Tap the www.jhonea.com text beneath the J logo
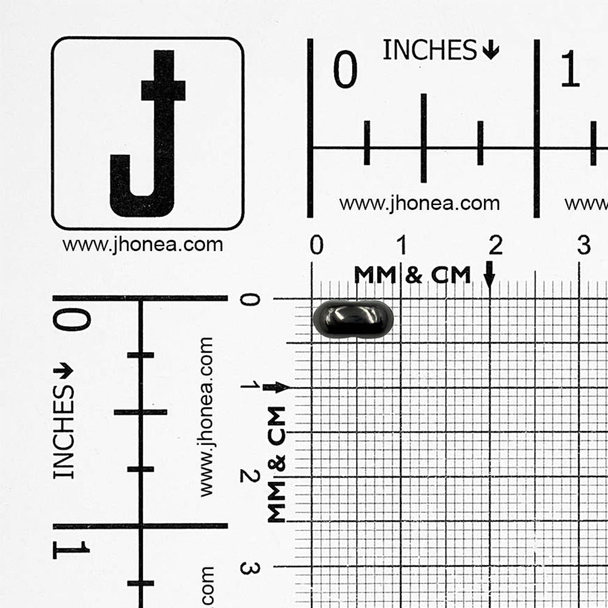coord(143,245)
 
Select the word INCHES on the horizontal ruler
coord(429,50)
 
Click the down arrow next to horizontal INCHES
coord(491,50)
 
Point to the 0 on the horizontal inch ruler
coord(345,69)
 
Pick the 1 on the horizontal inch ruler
coord(570,69)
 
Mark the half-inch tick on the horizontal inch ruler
coord(424,138)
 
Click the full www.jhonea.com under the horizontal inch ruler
coord(420,204)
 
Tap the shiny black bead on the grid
coord(353,319)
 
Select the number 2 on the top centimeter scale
coord(496,245)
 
